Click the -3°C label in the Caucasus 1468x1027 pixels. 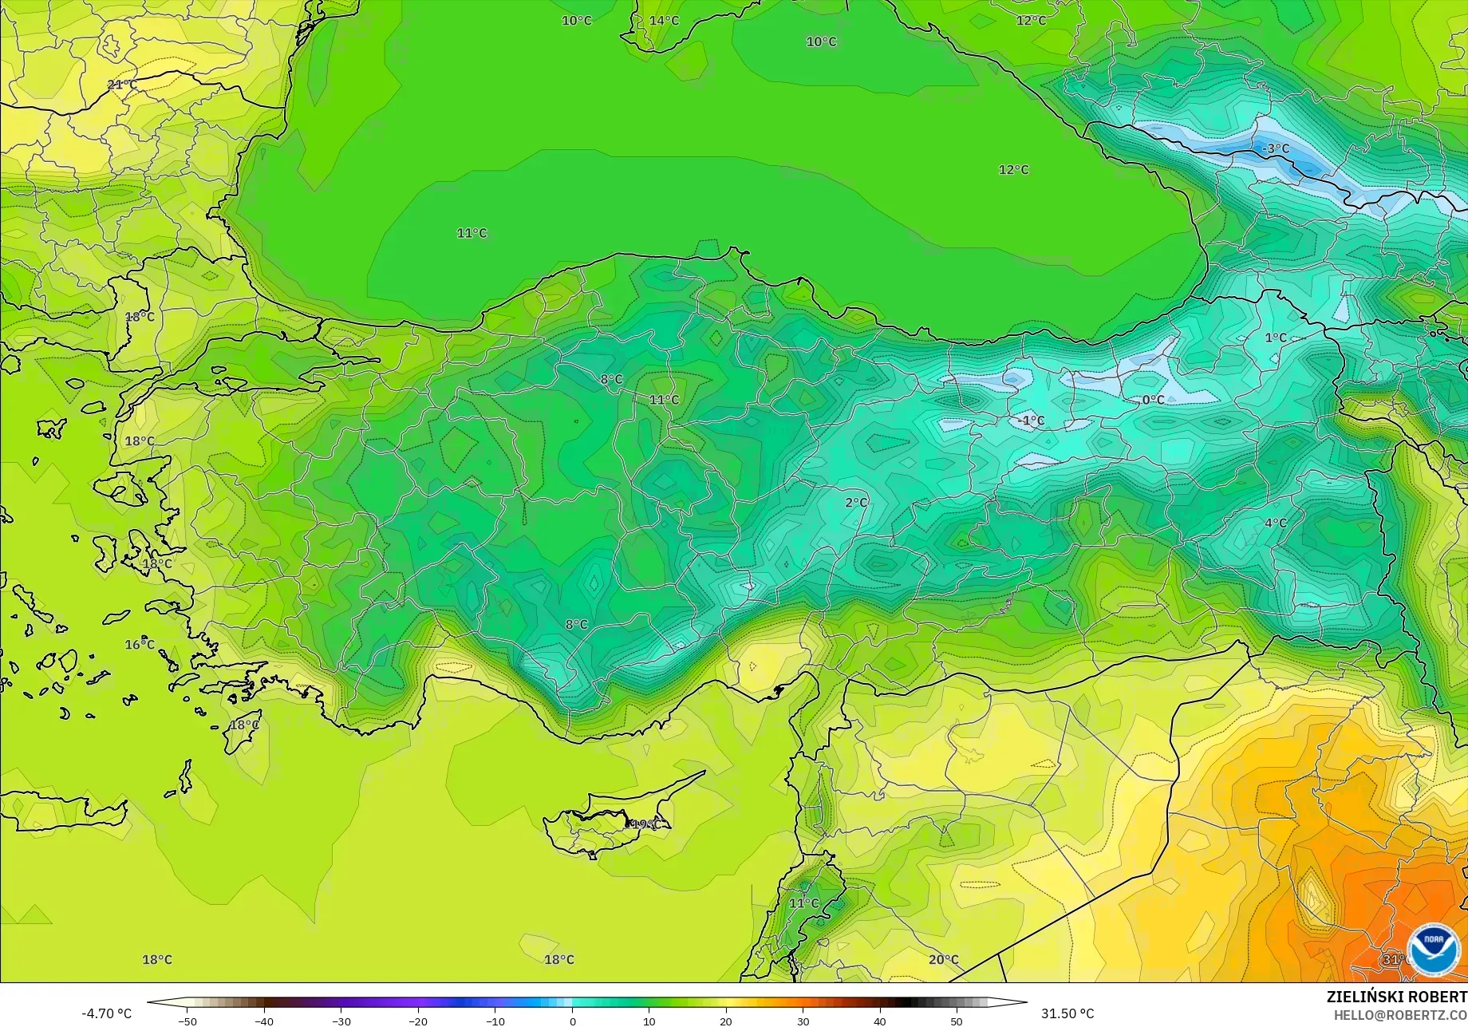pyautogui.click(x=1275, y=148)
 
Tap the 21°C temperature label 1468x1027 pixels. pyautogui.click(x=122, y=85)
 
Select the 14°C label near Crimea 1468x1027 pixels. pyautogui.click(x=664, y=20)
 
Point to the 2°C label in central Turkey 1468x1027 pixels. pyautogui.click(x=856, y=502)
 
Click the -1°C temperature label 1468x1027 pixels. pyautogui.click(x=1032, y=421)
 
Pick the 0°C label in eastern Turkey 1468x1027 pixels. pyautogui.click(x=1153, y=400)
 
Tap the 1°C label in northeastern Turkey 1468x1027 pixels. pyautogui.click(x=1276, y=338)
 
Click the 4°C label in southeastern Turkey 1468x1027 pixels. pyautogui.click(x=1276, y=523)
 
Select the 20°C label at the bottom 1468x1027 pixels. pyautogui.click(x=944, y=959)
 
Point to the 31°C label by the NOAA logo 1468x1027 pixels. pyautogui.click(x=1394, y=959)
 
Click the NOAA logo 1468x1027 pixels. pyautogui.click(x=1434, y=950)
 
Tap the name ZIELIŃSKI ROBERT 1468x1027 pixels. pyautogui.click(x=1396, y=997)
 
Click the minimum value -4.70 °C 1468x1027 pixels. pyautogui.click(x=107, y=1013)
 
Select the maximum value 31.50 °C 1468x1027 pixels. pyautogui.click(x=1067, y=1013)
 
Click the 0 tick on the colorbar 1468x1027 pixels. pyautogui.click(x=572, y=1021)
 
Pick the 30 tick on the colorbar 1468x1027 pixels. pyautogui.click(x=803, y=1021)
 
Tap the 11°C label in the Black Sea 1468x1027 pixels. pyautogui.click(x=472, y=233)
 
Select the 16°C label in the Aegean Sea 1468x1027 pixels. pyautogui.click(x=140, y=644)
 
